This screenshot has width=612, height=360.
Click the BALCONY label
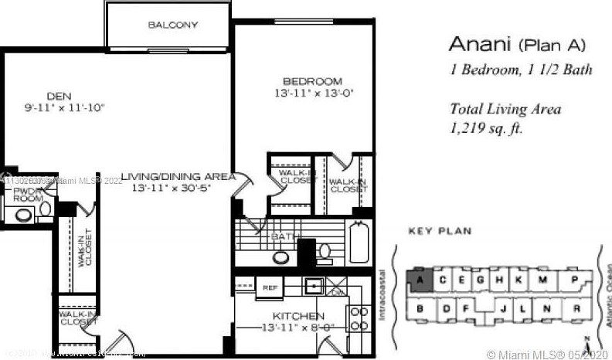click(173, 25)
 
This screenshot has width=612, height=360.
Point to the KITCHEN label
click(297, 317)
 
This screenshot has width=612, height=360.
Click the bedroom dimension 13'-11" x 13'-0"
click(311, 93)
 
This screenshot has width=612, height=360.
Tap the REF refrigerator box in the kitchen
click(270, 287)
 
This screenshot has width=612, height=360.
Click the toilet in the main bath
click(324, 251)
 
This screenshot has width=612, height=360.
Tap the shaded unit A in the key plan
click(419, 279)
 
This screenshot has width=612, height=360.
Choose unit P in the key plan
click(575, 279)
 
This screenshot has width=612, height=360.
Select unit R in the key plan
click(576, 310)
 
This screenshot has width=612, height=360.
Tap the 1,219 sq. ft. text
click(487, 128)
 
